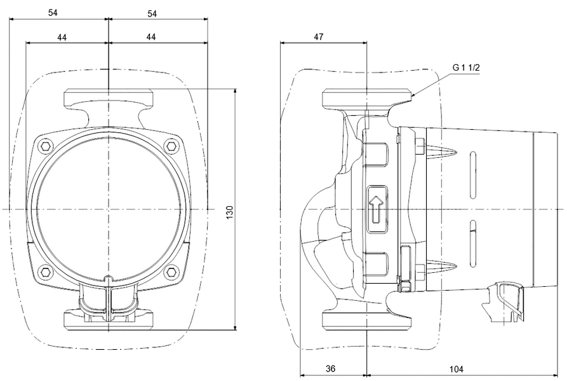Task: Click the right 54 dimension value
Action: [152, 13]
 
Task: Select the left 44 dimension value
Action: [62, 38]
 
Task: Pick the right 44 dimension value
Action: [151, 38]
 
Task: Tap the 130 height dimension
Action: [230, 210]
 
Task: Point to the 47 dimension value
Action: [319, 38]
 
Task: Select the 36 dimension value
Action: [330, 369]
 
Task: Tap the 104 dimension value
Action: [456, 369]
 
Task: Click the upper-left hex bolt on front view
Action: [45, 147]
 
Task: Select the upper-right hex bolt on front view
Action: [172, 147]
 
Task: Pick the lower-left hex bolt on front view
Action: [45, 272]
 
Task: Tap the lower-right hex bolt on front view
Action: [172, 272]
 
